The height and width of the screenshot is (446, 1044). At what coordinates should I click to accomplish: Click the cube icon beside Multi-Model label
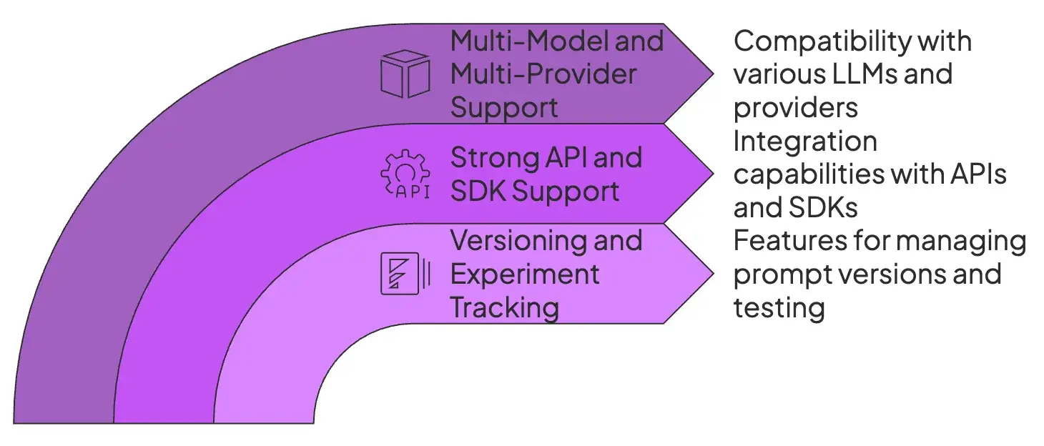point(405,74)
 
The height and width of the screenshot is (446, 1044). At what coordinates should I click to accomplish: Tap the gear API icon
point(404,174)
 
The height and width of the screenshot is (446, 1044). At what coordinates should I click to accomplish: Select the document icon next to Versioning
point(405,274)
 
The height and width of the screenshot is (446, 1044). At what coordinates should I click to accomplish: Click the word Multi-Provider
point(543,74)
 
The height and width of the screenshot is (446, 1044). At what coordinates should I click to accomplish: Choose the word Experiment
point(525,274)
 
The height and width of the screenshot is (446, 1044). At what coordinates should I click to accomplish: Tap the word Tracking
point(504,307)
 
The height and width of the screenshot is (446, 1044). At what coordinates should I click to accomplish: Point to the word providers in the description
point(795,107)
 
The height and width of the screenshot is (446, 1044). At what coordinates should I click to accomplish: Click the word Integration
point(805,141)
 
